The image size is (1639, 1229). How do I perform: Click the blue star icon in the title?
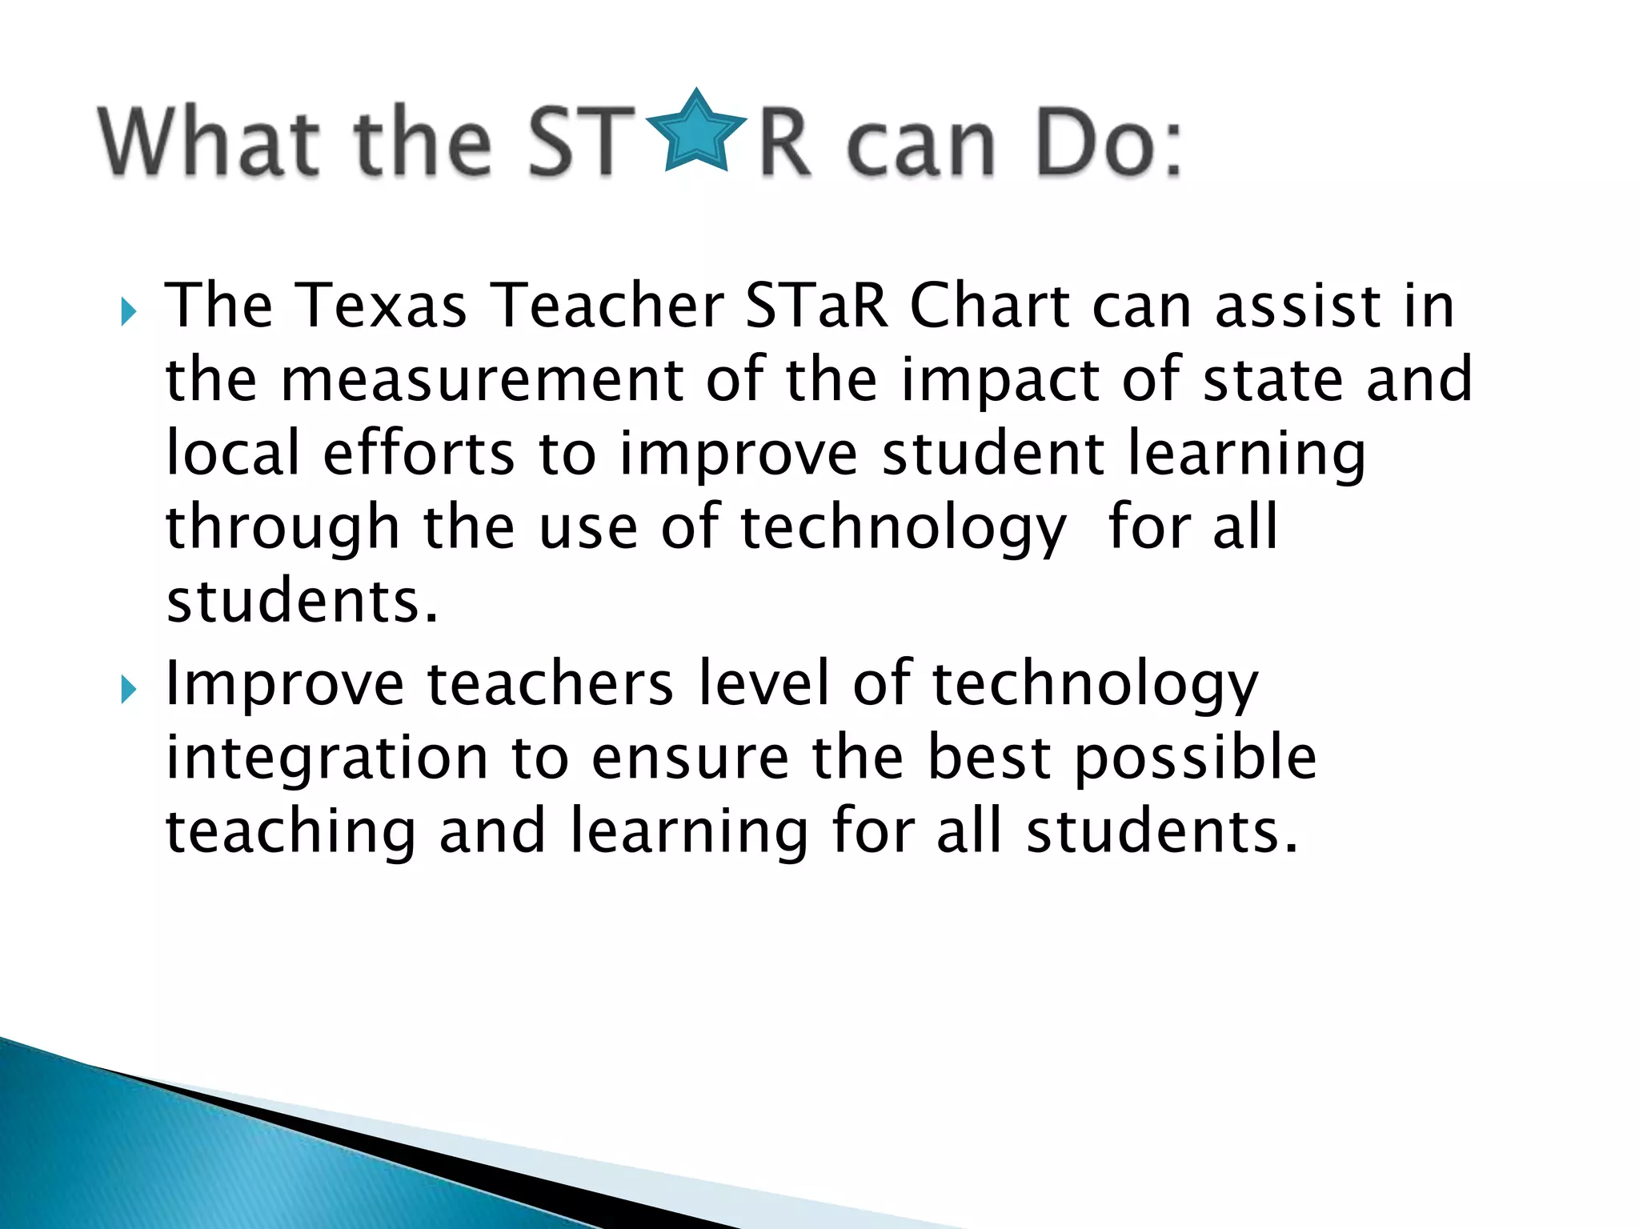point(695,132)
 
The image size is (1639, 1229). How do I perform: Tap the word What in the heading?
point(209,142)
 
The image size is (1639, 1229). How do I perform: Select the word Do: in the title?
point(1108,144)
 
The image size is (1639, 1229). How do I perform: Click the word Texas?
point(382,306)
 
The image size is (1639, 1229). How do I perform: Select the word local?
point(233,453)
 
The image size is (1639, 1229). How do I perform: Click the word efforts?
point(419,453)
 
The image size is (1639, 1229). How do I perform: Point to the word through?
point(283,528)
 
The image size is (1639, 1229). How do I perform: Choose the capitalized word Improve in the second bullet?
point(285,685)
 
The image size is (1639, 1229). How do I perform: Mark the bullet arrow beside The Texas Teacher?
point(129,312)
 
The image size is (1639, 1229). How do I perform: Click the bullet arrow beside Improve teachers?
point(129,690)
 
